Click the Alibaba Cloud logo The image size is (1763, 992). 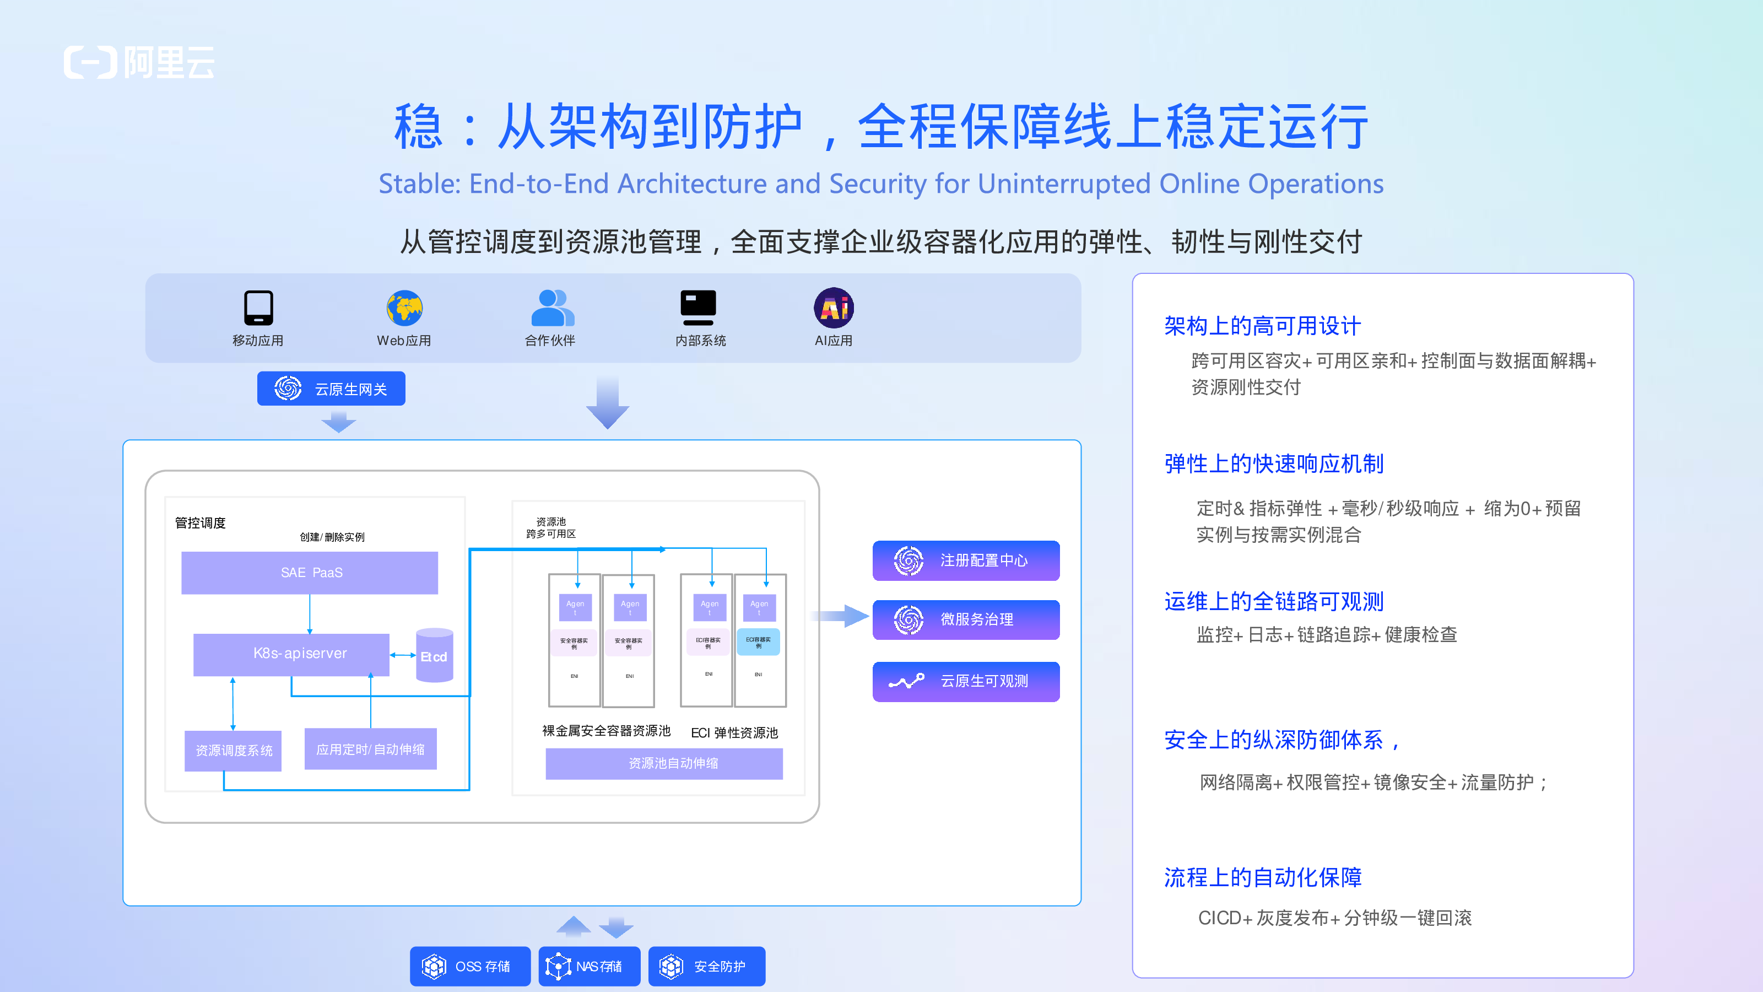[x=139, y=62]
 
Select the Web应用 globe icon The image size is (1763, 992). [x=404, y=308]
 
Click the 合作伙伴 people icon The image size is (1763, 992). [x=551, y=308]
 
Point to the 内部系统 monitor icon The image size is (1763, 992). [x=698, y=308]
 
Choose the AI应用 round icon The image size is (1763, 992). [x=834, y=308]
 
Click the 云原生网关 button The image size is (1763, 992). [x=331, y=389]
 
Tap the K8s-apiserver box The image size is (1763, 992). [x=291, y=654]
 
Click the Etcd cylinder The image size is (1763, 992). [x=435, y=655]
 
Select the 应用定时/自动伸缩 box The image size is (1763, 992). [x=370, y=749]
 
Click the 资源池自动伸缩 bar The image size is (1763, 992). [x=664, y=763]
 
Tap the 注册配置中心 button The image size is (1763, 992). [x=966, y=560]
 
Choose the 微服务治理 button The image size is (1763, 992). [x=966, y=619]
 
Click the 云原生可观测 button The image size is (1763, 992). [x=966, y=681]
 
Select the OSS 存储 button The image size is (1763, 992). [x=470, y=966]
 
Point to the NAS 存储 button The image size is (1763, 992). [x=590, y=966]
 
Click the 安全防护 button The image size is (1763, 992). [x=706, y=966]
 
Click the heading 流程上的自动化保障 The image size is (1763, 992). [x=1263, y=877]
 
